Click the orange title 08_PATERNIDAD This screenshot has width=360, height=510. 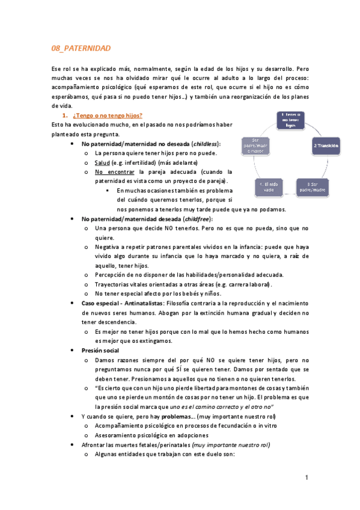81,48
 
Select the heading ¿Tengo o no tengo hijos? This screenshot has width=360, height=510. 108,115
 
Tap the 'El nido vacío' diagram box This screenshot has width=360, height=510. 268,186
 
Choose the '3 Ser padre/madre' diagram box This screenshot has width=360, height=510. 312,186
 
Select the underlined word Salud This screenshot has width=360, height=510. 103,163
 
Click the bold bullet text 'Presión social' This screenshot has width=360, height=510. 100,350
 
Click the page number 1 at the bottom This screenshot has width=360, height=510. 306,478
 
